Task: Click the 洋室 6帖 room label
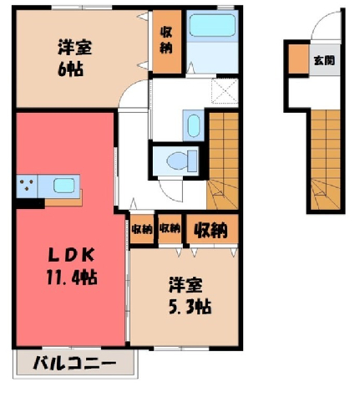point(74,58)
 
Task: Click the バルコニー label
point(74,363)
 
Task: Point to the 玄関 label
point(324,60)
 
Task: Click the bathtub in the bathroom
point(212,25)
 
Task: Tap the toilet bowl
point(181,161)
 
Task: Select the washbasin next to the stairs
point(194,125)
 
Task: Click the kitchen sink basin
point(63,186)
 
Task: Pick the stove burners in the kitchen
point(27,185)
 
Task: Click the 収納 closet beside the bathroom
point(166,42)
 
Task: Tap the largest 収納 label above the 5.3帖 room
point(210,230)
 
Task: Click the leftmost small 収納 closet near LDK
point(142,229)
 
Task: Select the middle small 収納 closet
point(170,229)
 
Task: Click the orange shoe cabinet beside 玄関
point(298,59)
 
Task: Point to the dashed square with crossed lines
point(225,91)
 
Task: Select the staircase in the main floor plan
point(223,161)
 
